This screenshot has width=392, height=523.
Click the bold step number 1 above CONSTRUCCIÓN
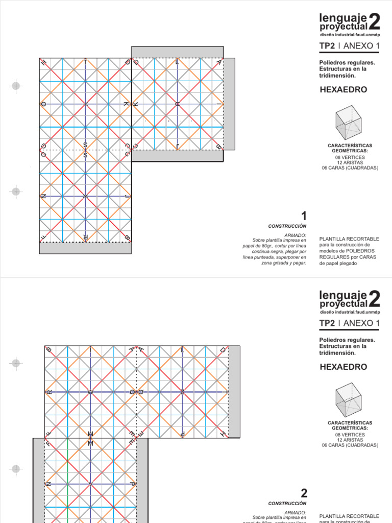(304, 216)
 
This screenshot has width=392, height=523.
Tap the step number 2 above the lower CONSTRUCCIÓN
(304, 493)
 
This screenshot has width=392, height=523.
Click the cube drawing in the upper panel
(348, 123)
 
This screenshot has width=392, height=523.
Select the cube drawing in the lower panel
(348, 399)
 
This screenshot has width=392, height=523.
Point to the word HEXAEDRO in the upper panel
(343, 90)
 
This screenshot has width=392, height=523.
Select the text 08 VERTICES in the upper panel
(350, 157)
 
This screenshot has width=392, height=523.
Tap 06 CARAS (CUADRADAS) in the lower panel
(350, 445)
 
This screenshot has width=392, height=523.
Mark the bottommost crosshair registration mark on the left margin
(16, 468)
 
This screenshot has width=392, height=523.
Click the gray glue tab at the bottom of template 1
(85, 248)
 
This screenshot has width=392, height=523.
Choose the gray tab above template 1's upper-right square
(177, 52)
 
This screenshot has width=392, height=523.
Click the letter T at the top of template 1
(85, 62)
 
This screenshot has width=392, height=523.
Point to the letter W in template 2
(90, 392)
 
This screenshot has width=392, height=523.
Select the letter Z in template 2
(182, 392)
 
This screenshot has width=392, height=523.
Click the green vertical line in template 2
(67, 480)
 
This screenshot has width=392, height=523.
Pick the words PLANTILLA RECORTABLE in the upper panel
(349, 239)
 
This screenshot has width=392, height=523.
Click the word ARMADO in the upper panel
(297, 234)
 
